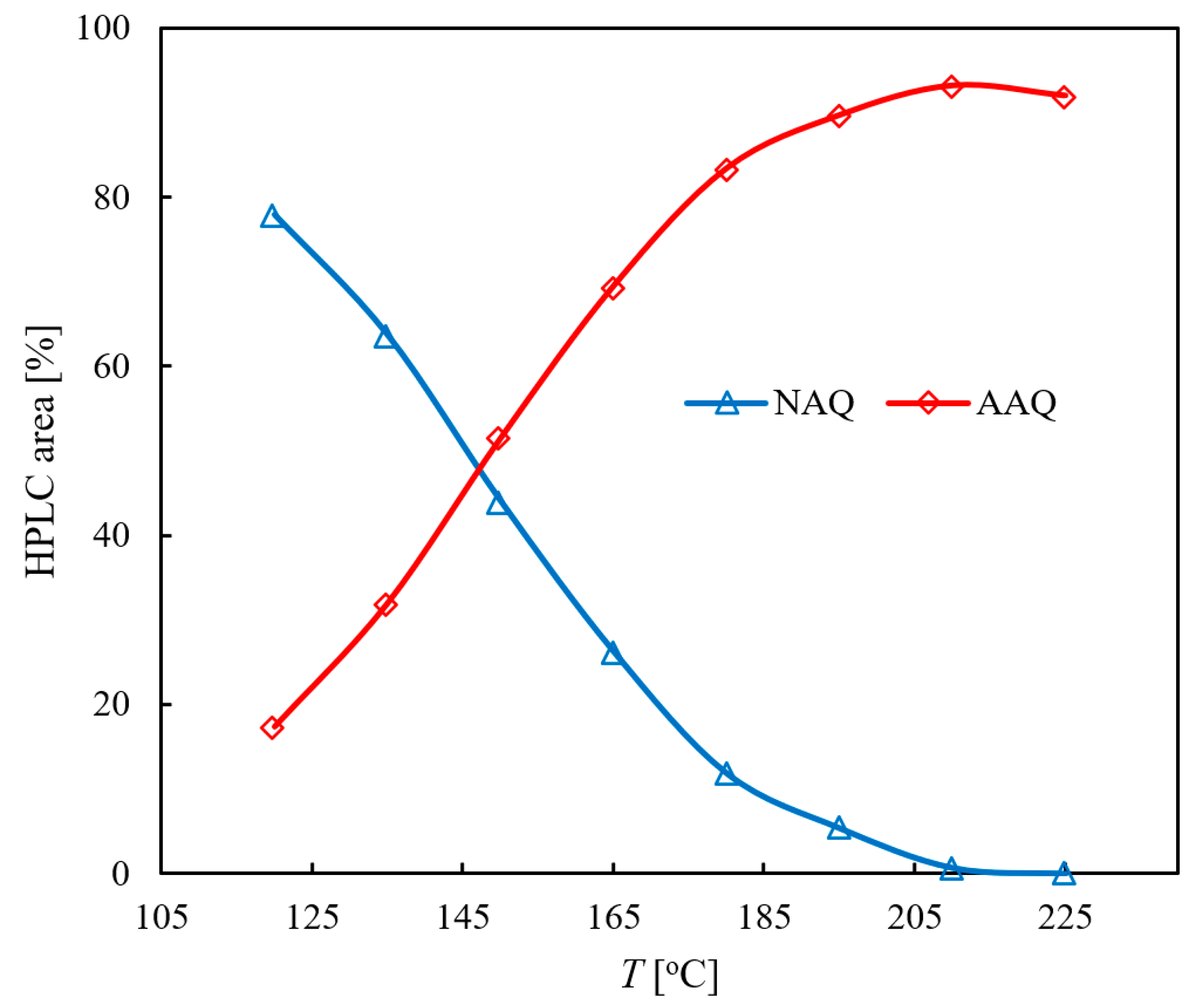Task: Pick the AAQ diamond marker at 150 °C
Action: click(498, 438)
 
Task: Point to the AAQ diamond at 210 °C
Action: click(951, 87)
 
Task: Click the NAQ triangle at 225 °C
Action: click(1063, 874)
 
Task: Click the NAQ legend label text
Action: click(814, 403)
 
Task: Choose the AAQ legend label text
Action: click(1016, 403)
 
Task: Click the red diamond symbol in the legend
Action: click(928, 403)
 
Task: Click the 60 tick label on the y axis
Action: click(112, 366)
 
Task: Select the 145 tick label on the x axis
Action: click(463, 918)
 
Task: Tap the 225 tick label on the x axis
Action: click(1065, 918)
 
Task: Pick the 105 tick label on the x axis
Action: click(162, 918)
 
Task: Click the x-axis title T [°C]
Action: click(669, 975)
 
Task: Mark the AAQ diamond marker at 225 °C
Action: click(1063, 97)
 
